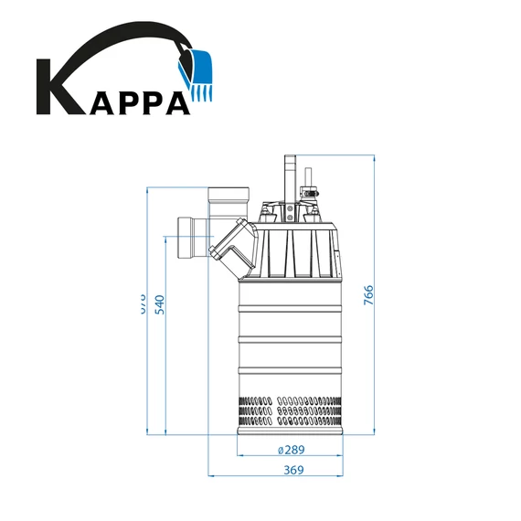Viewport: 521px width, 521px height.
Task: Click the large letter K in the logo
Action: pos(57,88)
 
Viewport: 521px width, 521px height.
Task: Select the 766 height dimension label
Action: pos(368,295)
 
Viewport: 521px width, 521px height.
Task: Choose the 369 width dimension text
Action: pos(292,470)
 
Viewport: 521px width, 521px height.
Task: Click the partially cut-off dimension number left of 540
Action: pos(142,302)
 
